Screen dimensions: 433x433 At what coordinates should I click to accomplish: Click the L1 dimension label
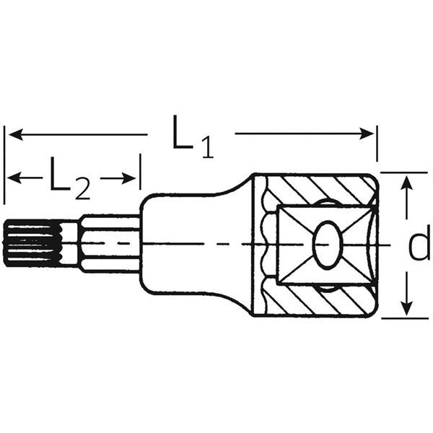191,136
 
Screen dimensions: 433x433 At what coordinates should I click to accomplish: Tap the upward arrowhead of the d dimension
408,181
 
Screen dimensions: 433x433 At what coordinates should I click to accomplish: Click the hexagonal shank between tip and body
108,244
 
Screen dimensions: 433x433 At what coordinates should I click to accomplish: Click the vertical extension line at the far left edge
4,166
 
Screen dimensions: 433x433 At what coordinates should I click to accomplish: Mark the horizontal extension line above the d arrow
404,172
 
